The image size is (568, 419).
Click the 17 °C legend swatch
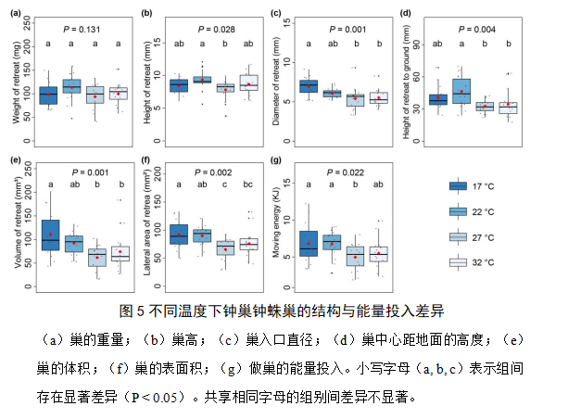(x=458, y=186)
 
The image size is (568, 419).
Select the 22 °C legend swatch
(x=458, y=211)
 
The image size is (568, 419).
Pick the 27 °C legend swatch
(x=458, y=237)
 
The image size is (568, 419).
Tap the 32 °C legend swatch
(x=458, y=262)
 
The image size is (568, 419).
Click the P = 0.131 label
(x=82, y=29)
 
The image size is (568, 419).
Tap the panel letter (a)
(x=15, y=14)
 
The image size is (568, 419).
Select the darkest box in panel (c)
(x=308, y=86)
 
